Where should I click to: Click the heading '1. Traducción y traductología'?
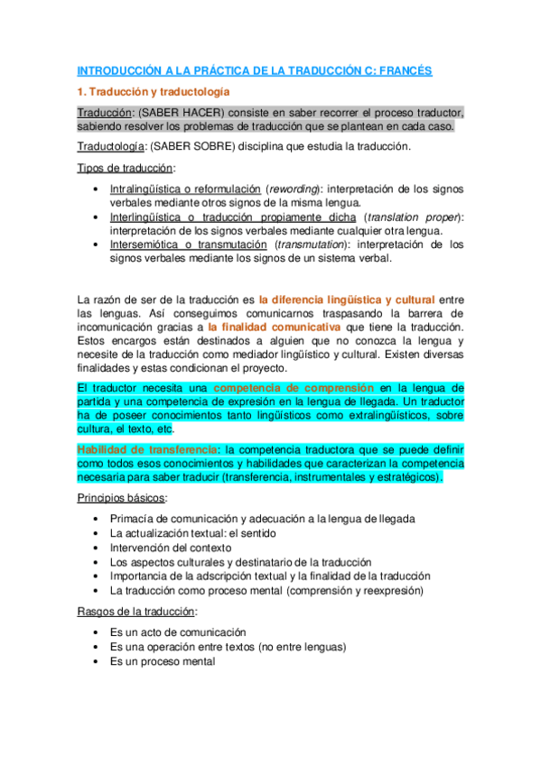point(154,92)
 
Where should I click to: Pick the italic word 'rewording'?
point(294,189)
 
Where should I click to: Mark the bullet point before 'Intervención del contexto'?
point(97,547)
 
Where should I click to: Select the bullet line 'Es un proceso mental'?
point(163,660)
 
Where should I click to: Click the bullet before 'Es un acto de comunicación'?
point(97,632)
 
